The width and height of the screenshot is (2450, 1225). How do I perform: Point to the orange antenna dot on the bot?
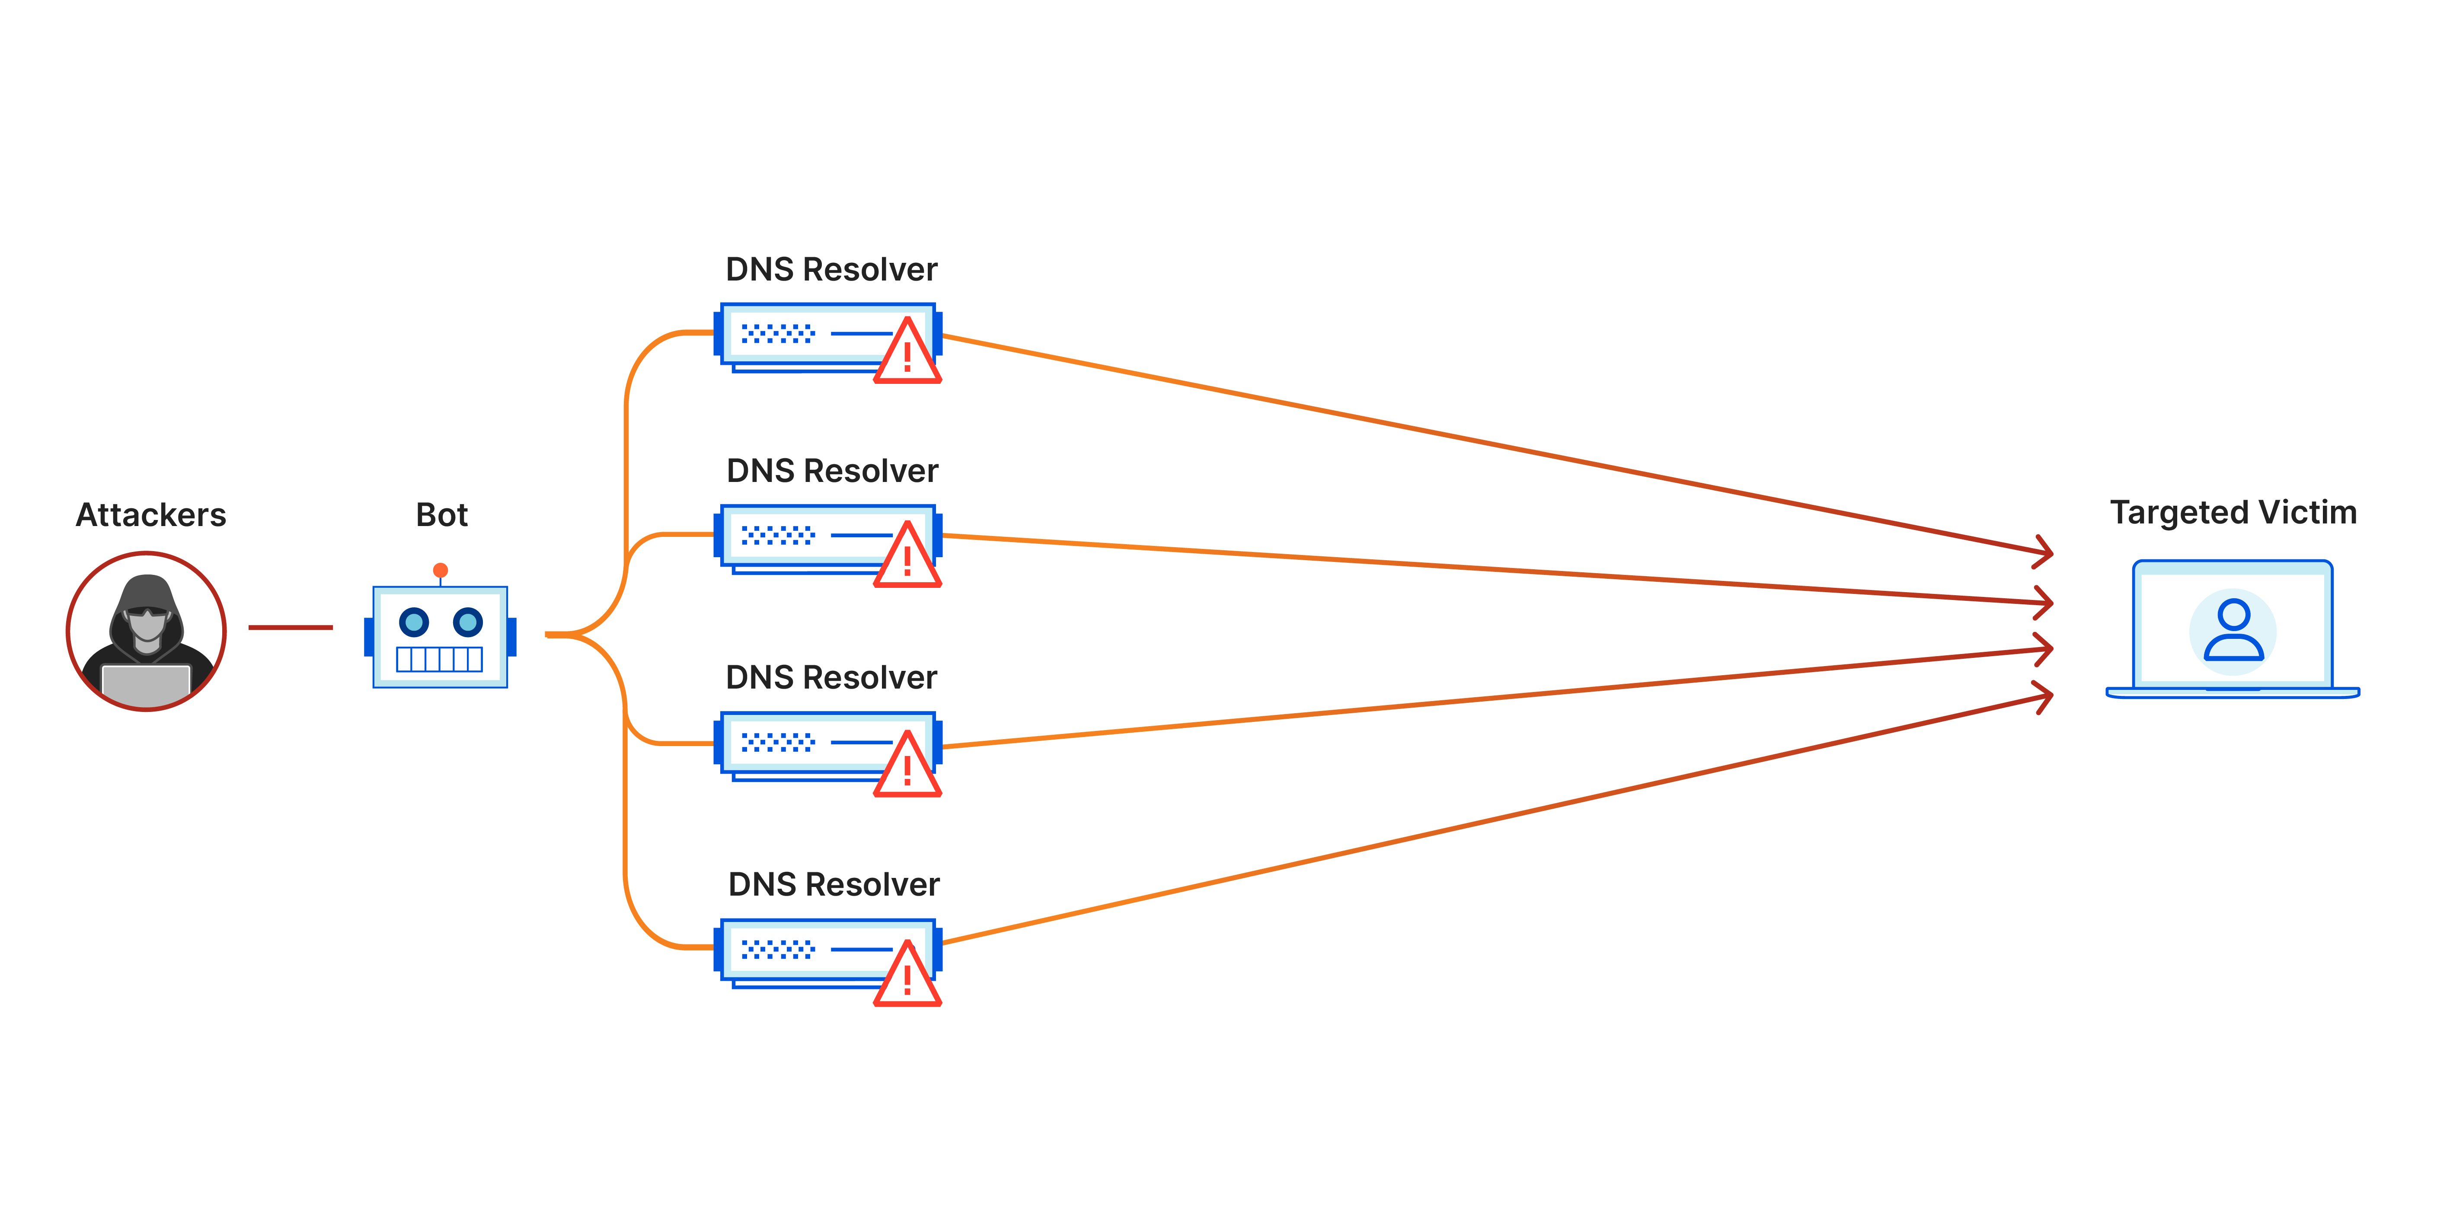tap(441, 571)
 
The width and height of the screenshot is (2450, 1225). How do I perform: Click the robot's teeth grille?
tap(439, 659)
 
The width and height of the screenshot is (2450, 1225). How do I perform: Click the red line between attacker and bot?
tap(290, 628)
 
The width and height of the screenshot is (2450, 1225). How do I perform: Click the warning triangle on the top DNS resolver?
tap(907, 354)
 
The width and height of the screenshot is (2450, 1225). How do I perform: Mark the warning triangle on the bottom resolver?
tap(907, 976)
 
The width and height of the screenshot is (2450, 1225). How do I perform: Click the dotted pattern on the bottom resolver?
tap(778, 949)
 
